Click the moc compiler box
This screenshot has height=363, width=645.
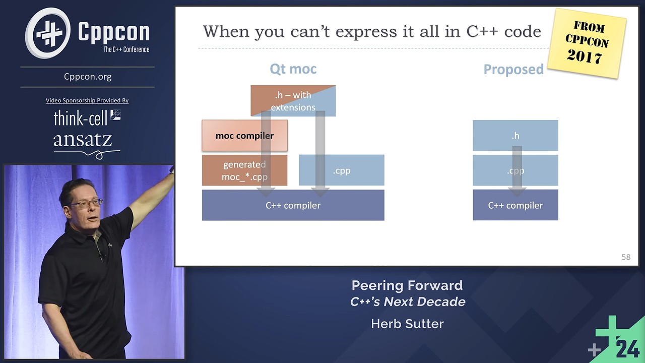point(244,136)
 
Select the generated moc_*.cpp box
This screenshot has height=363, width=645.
point(244,170)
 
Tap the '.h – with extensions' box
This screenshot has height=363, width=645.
point(293,101)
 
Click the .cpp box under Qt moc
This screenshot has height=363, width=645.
point(341,170)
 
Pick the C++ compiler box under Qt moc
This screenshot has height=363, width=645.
point(293,205)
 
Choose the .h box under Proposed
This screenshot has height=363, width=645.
point(515,136)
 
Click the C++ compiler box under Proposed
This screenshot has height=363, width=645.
point(515,205)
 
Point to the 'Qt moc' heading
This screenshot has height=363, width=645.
point(293,69)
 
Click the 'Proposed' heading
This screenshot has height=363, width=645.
point(513,70)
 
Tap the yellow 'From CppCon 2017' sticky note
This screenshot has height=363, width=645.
point(587,42)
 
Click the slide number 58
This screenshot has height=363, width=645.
point(625,257)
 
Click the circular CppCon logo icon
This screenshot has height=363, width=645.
point(48,33)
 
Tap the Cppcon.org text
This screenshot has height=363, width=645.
point(88,77)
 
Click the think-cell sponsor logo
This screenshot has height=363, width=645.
point(87,118)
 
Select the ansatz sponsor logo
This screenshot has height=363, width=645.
point(83,141)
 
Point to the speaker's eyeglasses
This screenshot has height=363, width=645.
point(87,203)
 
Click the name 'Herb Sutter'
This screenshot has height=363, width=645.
point(407,324)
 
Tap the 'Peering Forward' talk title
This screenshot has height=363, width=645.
point(407,285)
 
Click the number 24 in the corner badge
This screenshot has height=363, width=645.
point(627,348)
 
